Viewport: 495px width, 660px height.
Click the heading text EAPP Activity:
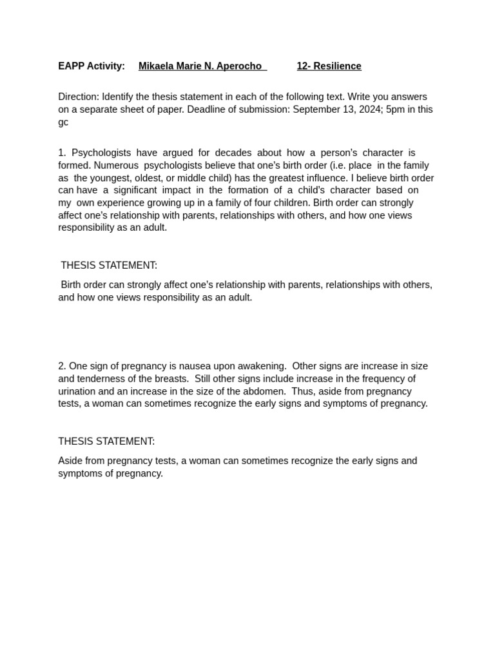pyautogui.click(x=92, y=66)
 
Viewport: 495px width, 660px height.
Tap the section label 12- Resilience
pyautogui.click(x=329, y=66)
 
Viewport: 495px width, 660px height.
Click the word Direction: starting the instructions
pyautogui.click(x=79, y=97)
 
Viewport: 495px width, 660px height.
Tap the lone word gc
pyautogui.click(x=63, y=122)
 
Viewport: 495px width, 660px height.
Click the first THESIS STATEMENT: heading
pyautogui.click(x=109, y=266)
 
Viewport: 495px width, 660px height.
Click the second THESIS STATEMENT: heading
pyautogui.click(x=106, y=442)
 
